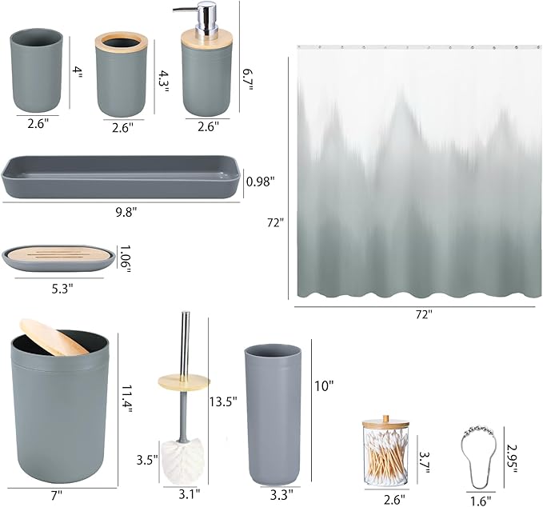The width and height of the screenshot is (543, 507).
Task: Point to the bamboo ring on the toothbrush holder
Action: coord(122,40)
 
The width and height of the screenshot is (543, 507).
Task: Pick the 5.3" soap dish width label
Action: coord(59,288)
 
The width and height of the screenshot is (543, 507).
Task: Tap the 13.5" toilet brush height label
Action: coord(223,402)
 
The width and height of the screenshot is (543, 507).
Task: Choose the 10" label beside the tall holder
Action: coord(324,385)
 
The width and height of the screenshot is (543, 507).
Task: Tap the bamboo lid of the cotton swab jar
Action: coord(386,424)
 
